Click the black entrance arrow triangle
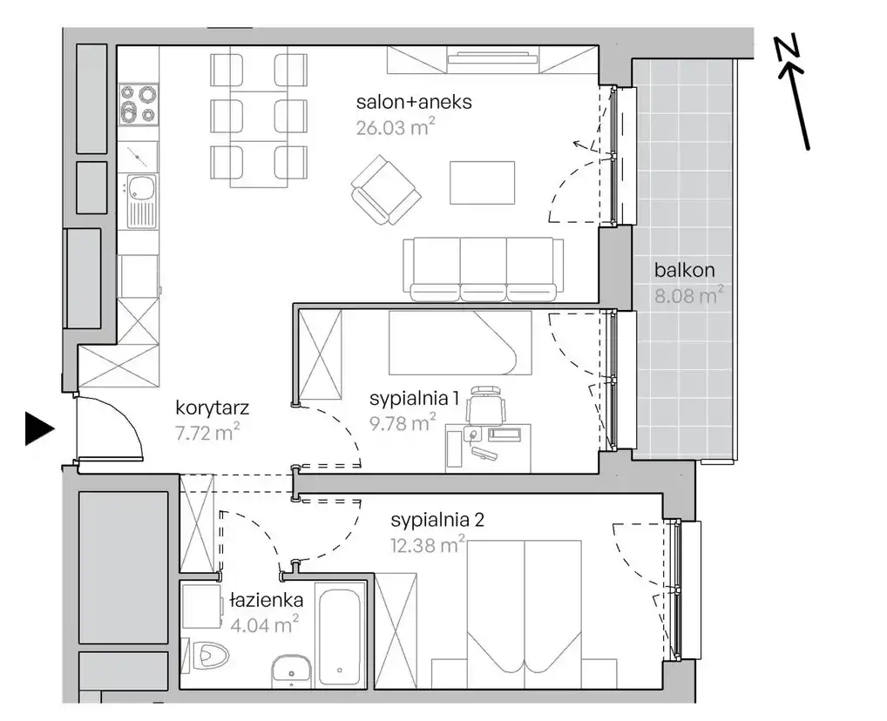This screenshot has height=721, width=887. pyautogui.click(x=38, y=428)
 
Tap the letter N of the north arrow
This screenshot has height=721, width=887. pyautogui.click(x=788, y=47)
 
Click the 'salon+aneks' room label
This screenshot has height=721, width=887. pyautogui.click(x=414, y=103)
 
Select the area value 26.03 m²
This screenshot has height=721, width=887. pyautogui.click(x=396, y=126)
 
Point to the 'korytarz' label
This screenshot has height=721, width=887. pyautogui.click(x=212, y=408)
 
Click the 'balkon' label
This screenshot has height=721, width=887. pyautogui.click(x=685, y=270)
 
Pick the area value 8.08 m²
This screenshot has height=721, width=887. pyautogui.click(x=689, y=294)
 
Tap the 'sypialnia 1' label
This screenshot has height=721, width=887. pyautogui.click(x=414, y=399)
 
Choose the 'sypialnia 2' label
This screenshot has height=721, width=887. pyautogui.click(x=437, y=520)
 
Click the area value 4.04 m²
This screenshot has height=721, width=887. pyautogui.click(x=265, y=624)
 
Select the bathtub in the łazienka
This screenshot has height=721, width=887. pyautogui.click(x=339, y=636)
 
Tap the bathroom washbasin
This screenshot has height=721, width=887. pyautogui.click(x=291, y=671)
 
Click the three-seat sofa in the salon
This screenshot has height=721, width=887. pyautogui.click(x=484, y=269)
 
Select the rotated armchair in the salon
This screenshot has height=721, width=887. pyautogui.click(x=386, y=191)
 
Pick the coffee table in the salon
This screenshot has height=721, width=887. pyautogui.click(x=482, y=183)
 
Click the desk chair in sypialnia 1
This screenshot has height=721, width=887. pyautogui.click(x=485, y=405)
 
